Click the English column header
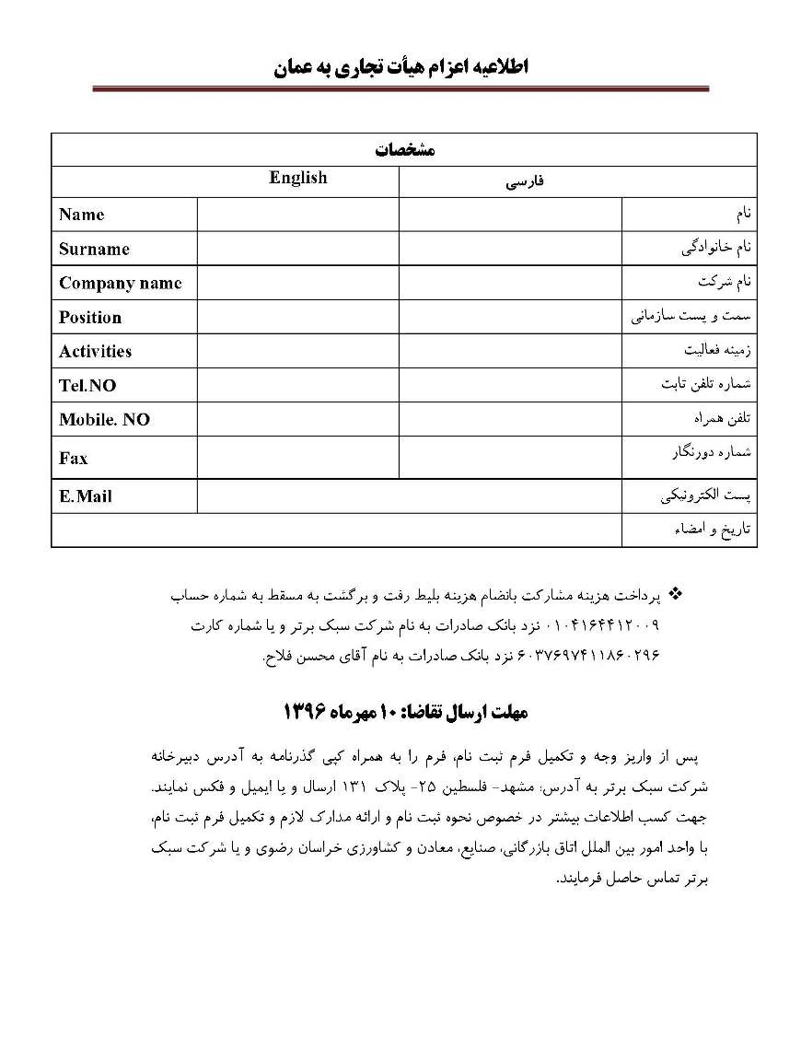tap(297, 178)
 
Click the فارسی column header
tap(525, 182)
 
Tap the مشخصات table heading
tap(404, 150)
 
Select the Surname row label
tap(94, 249)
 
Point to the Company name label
tap(120, 283)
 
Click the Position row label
tap(90, 317)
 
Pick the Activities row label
tap(95, 351)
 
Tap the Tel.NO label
tap(87, 386)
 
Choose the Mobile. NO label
tap(104, 419)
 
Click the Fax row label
tap(74, 458)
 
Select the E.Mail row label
tap(86, 495)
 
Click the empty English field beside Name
tap(297, 215)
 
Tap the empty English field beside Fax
tap(297, 458)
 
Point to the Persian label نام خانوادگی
tap(717, 247)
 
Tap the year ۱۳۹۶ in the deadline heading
tap(305, 712)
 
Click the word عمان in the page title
tap(296, 67)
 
